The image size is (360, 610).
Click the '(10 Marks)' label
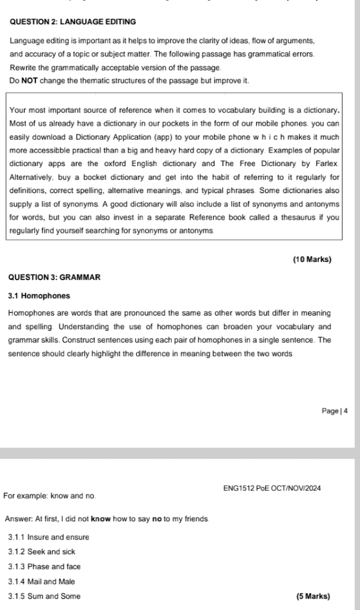312,260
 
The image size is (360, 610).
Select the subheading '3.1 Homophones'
40,295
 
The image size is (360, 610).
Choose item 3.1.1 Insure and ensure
49,537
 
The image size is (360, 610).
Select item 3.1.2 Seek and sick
42,551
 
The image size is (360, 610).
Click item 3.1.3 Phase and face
45,567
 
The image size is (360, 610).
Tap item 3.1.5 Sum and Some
44,596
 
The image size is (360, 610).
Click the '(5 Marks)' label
313,596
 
